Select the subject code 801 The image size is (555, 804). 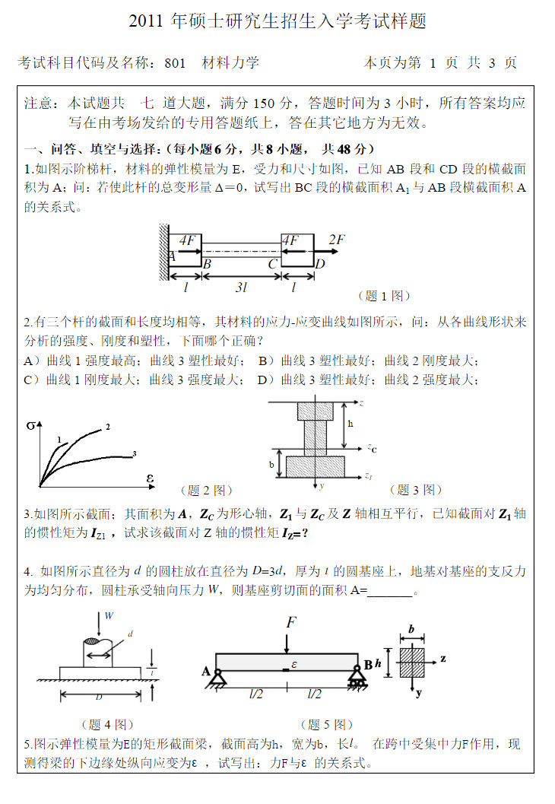[175, 63]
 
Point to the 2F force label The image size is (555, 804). [337, 240]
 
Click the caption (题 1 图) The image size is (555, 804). [384, 296]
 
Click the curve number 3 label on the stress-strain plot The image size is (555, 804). [134, 454]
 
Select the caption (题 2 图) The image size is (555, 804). [206, 491]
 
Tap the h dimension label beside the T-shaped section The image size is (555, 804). [350, 424]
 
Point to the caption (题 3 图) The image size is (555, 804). [415, 491]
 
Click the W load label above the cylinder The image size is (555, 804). [109, 615]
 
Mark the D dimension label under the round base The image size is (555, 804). [99, 696]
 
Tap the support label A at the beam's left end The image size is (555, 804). [206, 670]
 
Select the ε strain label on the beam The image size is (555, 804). [293, 663]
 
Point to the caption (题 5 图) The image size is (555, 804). [327, 725]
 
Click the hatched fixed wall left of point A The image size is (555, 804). [163, 247]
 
